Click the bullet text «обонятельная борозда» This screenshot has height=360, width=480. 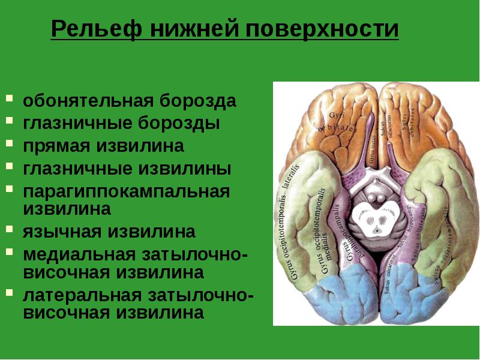(x=130, y=101)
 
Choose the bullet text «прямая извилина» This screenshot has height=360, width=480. (x=103, y=146)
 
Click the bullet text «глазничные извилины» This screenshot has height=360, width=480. (x=127, y=169)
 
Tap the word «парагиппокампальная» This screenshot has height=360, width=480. (x=127, y=192)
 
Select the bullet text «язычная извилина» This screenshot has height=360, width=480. (x=109, y=232)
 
